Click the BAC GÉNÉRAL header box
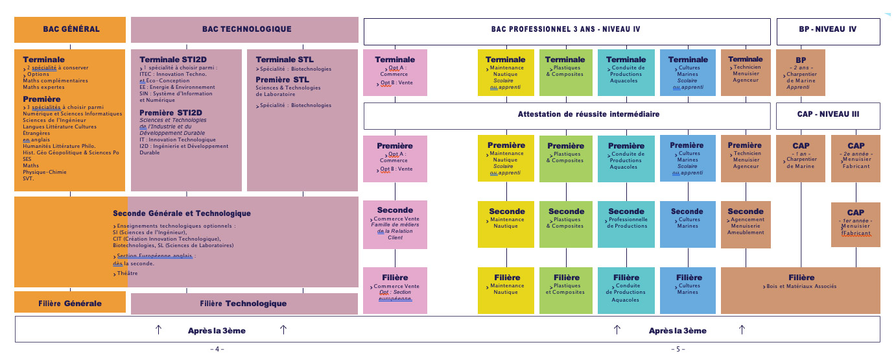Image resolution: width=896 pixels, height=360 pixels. [71, 29]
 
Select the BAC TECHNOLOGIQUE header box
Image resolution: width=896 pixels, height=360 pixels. [246, 29]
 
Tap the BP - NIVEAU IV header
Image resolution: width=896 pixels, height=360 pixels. [828, 29]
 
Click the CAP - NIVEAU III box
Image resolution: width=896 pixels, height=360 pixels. [828, 114]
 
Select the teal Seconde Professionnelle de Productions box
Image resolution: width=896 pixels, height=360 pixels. [626, 224]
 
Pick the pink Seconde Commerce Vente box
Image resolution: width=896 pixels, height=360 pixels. [395, 224]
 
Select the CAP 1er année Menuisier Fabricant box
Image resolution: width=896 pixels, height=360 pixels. [856, 224]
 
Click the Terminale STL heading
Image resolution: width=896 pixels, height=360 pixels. [285, 60]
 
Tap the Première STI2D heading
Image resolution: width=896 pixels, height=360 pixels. [171, 113]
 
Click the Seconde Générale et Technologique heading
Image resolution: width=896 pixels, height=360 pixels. [182, 213]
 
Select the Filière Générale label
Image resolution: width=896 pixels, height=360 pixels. [70, 304]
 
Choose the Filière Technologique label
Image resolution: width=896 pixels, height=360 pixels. [243, 304]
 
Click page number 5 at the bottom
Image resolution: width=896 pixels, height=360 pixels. [678, 350]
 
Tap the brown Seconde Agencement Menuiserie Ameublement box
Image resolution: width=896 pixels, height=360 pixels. [746, 224]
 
